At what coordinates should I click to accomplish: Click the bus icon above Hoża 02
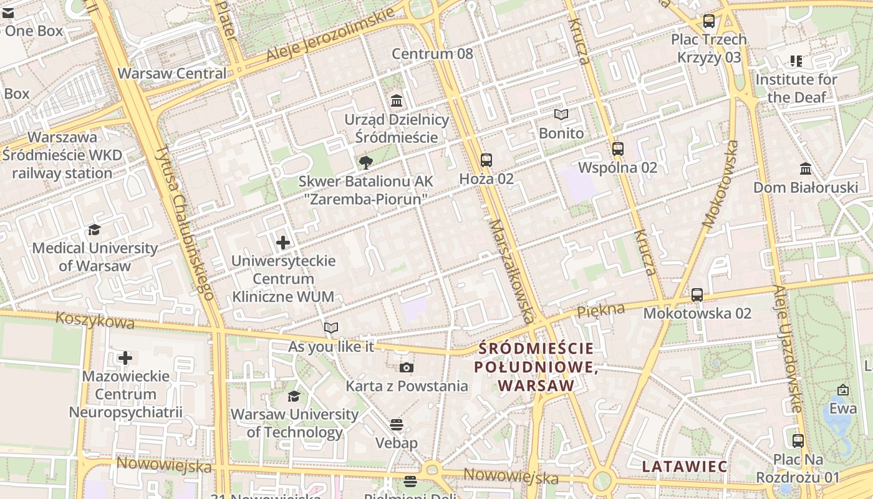click(486, 160)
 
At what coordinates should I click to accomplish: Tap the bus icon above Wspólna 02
click(618, 149)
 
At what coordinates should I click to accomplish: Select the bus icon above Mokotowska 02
click(697, 294)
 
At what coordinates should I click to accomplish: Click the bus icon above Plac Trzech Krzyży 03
click(709, 21)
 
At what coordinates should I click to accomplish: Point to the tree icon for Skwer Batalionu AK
click(366, 163)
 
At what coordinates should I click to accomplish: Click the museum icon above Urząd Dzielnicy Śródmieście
click(397, 100)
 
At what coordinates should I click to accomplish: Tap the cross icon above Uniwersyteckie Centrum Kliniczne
click(283, 242)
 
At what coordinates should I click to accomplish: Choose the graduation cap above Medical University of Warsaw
click(94, 230)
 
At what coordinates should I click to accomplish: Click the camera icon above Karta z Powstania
click(407, 367)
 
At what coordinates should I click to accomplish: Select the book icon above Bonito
click(561, 115)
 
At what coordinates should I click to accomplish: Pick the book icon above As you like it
click(331, 327)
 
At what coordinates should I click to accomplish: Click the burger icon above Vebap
click(397, 425)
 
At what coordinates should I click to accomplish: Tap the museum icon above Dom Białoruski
click(806, 169)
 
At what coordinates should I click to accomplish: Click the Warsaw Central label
click(172, 74)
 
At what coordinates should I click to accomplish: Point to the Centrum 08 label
click(432, 54)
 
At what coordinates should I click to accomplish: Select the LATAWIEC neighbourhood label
click(685, 467)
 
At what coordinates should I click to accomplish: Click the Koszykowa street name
click(95, 320)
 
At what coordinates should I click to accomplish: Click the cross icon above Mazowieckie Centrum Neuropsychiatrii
click(125, 358)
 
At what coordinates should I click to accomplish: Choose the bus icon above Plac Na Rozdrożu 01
click(798, 441)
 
